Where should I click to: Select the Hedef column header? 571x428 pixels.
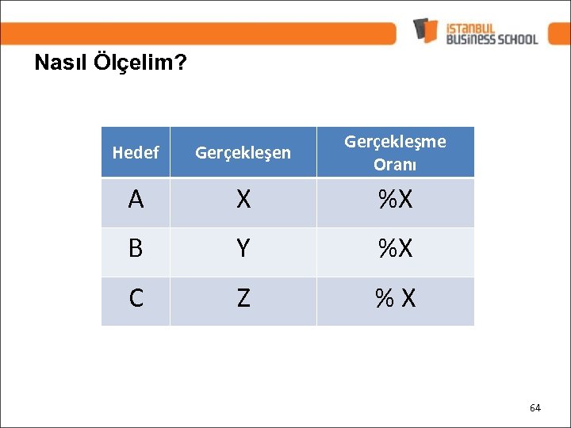(136, 152)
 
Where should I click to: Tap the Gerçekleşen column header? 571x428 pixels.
(243, 152)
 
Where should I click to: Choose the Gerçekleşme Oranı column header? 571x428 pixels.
(395, 152)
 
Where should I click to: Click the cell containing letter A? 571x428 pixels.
(136, 201)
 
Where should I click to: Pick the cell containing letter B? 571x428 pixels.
(136, 250)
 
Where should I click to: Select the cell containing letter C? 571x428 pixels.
(136, 299)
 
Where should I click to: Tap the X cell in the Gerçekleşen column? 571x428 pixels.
(243, 201)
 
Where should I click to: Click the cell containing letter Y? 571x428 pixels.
(243, 250)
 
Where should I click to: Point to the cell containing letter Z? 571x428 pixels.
(243, 299)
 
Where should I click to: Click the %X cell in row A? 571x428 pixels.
(395, 201)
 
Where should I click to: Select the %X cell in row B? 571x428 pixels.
(395, 250)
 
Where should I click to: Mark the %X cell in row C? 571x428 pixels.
(395, 299)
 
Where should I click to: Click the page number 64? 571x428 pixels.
(535, 407)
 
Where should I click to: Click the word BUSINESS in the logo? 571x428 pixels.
(469, 38)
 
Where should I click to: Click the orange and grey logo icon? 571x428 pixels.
(426, 30)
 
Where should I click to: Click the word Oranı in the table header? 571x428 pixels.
(395, 166)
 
